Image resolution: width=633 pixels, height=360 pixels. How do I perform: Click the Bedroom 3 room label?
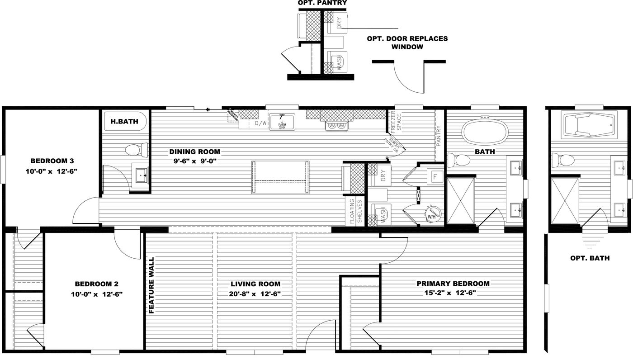pyautogui.click(x=52, y=161)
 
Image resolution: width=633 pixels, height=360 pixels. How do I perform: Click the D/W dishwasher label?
pyautogui.click(x=260, y=123)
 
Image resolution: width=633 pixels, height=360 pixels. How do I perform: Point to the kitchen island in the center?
pyautogui.click(x=280, y=177)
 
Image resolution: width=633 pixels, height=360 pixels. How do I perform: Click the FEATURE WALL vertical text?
pyautogui.click(x=152, y=285)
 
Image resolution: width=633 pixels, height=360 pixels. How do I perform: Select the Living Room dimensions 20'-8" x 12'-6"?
pyautogui.click(x=255, y=294)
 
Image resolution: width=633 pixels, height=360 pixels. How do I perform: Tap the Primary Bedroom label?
pyautogui.click(x=453, y=284)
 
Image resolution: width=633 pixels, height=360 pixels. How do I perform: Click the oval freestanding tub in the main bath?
pyautogui.click(x=485, y=131)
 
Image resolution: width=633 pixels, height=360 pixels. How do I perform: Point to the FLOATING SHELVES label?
pyautogui.click(x=356, y=212)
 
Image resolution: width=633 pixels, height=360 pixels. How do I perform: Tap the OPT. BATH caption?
pyautogui.click(x=590, y=258)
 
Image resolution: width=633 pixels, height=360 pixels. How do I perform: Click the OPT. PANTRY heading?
pyautogui.click(x=322, y=3)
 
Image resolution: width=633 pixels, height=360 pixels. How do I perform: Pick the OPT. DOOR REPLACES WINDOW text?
pyautogui.click(x=407, y=43)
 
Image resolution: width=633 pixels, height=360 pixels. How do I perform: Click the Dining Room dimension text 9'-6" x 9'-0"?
pyautogui.click(x=194, y=161)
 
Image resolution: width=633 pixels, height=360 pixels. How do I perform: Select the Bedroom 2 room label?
pyautogui.click(x=96, y=284)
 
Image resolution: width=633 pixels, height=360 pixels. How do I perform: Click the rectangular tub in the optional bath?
pyautogui.click(x=589, y=124)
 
